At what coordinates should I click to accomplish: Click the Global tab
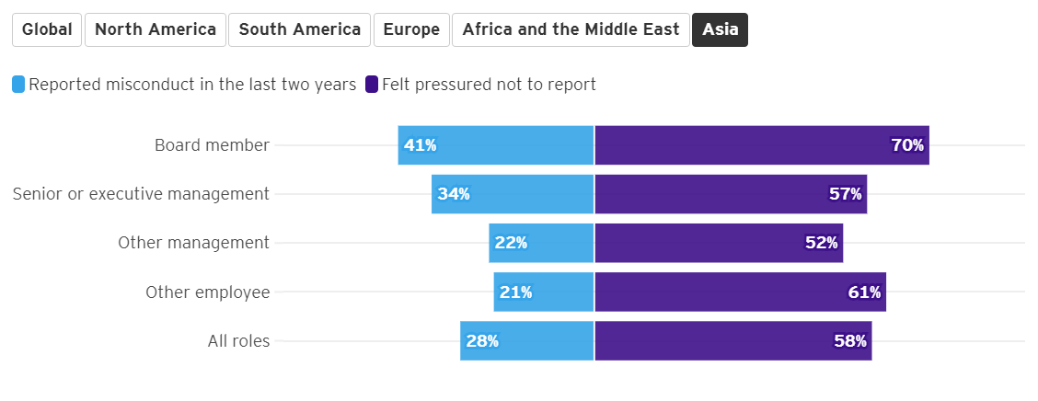click(x=47, y=29)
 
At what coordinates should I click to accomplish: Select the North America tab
click(x=156, y=29)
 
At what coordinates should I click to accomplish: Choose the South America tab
click(x=300, y=29)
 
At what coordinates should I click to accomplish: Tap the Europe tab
click(x=411, y=29)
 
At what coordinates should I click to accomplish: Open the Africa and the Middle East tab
click(x=571, y=29)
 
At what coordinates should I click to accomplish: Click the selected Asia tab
click(x=720, y=29)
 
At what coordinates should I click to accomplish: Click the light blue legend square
click(x=18, y=85)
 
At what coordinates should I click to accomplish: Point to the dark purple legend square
click(x=372, y=85)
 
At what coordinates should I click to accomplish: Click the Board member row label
click(x=212, y=145)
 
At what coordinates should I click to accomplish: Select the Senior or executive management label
click(x=141, y=194)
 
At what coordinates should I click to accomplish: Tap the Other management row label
click(x=193, y=243)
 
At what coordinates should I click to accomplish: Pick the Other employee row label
click(x=207, y=292)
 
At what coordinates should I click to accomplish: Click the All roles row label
click(x=238, y=341)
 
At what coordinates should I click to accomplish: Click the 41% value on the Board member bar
click(x=420, y=145)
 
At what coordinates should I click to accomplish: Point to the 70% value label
click(x=907, y=145)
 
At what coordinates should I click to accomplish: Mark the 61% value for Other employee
click(x=864, y=292)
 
